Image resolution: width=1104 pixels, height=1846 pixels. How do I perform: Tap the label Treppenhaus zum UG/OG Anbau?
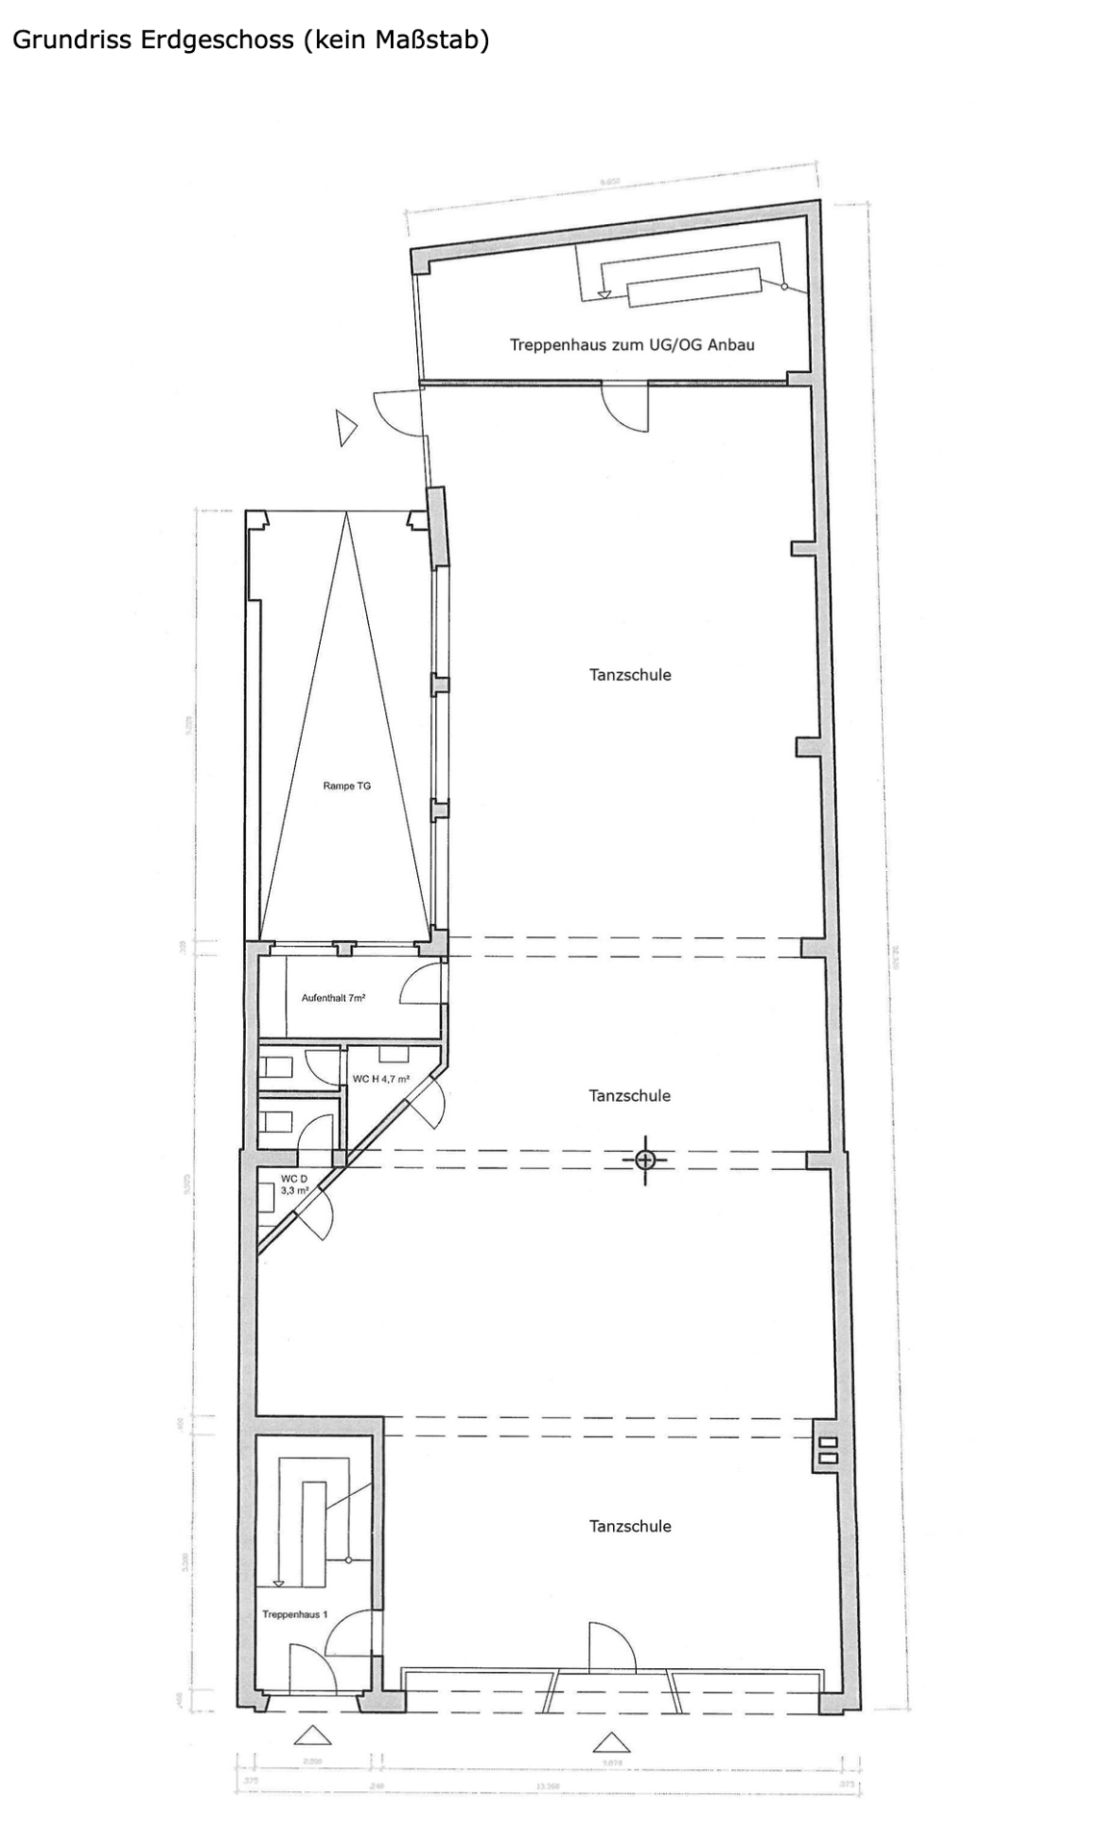click(631, 344)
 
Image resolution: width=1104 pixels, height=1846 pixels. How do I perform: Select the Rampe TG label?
click(346, 786)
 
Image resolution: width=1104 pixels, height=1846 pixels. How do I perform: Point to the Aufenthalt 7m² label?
click(332, 998)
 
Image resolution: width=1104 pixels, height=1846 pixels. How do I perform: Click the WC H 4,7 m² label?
click(380, 1079)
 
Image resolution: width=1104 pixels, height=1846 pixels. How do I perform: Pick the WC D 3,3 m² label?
click(294, 1184)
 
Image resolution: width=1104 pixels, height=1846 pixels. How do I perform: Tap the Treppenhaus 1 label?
click(295, 1614)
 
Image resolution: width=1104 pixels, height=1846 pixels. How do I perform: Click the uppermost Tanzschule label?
click(630, 675)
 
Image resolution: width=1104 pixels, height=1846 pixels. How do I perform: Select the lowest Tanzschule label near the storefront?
click(630, 1526)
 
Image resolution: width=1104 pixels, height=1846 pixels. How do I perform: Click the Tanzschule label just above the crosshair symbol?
click(630, 1095)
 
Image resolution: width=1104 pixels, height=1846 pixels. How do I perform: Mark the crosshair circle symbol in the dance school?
click(645, 1160)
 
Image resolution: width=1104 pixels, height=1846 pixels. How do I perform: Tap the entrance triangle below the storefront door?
click(611, 1742)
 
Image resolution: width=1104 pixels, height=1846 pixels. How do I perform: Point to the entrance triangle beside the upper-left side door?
click(345, 427)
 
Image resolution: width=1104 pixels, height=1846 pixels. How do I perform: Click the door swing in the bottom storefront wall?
click(610, 1647)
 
